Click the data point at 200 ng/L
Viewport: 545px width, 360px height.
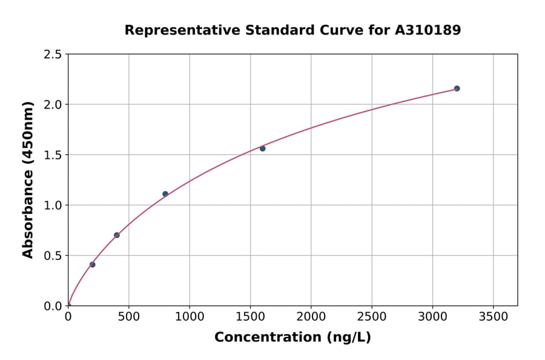pos(92,264)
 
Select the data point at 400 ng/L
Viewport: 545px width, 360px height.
pos(117,235)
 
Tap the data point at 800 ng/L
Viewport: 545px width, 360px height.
pos(165,194)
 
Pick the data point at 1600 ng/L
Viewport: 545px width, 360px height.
pos(262,148)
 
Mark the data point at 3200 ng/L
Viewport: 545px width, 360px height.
pos(457,88)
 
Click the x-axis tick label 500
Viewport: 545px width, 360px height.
pos(129,317)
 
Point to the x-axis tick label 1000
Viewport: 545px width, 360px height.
pos(190,317)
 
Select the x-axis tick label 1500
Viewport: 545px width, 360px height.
pos(250,317)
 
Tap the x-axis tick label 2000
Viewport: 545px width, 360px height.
pos(311,317)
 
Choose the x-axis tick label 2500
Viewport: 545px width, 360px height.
pos(372,317)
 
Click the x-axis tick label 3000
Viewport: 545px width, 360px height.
pos(432,317)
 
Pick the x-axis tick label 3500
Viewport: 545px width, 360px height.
pos(493,317)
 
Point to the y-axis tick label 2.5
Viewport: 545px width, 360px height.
pos(53,55)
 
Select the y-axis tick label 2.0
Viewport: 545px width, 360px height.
pos(53,105)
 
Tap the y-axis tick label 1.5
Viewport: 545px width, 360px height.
pos(53,155)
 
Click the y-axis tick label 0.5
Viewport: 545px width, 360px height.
pos(53,256)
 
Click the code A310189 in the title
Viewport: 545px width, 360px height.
pos(428,30)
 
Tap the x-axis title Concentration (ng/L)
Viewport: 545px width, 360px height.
pos(292,338)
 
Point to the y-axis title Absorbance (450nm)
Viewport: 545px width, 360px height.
pos(28,179)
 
